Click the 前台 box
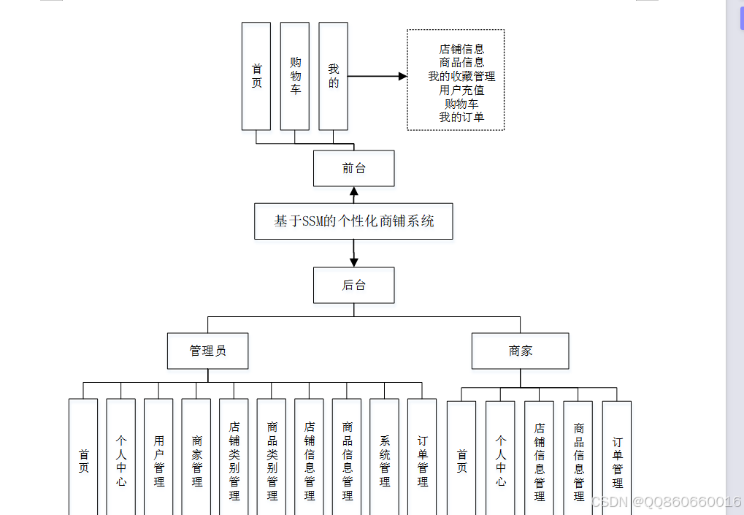pos(353,168)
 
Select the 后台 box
pos(353,285)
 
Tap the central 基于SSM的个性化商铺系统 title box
pos(353,221)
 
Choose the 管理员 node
pos(207,351)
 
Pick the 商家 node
pos(520,351)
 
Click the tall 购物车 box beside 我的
pos(295,76)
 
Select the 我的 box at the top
pos(333,76)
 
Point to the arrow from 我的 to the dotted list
pos(377,76)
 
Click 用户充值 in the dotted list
pos(461,91)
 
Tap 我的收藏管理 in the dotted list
pos(461,77)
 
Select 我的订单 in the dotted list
pos(461,117)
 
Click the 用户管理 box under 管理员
pos(158,460)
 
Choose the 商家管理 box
pos(196,460)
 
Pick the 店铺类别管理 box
pos(234,460)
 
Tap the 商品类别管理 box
pos(272,460)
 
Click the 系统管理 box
pos(384,460)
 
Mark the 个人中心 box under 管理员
pos(120,460)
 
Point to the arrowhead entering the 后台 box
pos(354,262)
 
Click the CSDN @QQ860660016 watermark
pos(664,502)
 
